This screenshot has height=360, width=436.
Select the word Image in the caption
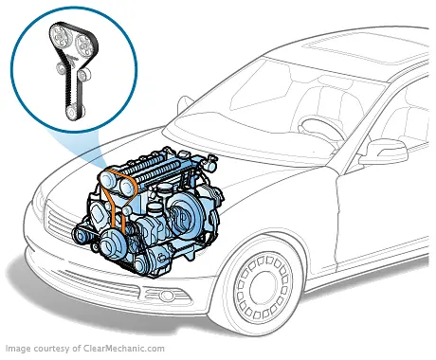20,348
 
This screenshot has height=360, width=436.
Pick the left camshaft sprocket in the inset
61,36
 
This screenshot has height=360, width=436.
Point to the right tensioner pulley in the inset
83,75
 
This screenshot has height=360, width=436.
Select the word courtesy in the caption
66,348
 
